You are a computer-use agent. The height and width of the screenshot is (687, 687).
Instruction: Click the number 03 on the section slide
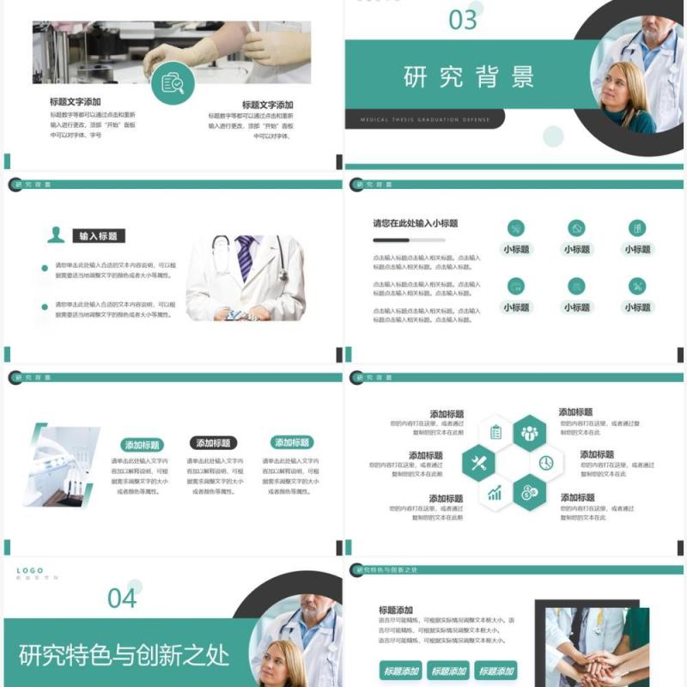click(463, 20)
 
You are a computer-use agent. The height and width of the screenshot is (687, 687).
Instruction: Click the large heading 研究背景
click(469, 76)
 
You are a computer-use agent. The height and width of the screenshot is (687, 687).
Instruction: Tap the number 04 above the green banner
click(122, 598)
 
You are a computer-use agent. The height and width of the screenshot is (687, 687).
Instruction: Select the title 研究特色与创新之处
click(125, 655)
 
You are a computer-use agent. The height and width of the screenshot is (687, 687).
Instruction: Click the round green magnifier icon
click(173, 82)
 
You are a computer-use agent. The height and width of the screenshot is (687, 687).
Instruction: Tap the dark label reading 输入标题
click(98, 236)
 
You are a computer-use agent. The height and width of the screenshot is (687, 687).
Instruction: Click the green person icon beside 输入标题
click(57, 235)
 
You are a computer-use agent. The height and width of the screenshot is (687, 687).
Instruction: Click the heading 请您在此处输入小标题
click(415, 223)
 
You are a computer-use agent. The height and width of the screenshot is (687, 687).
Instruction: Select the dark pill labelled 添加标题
click(212, 443)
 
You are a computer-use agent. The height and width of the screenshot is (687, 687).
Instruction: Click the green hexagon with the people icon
click(529, 434)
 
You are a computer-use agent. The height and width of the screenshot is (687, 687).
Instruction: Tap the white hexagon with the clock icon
click(546, 464)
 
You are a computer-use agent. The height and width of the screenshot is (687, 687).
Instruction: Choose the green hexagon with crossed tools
click(478, 464)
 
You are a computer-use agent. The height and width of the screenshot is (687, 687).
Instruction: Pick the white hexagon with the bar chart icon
click(495, 493)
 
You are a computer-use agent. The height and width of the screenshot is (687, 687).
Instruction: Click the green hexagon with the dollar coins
click(529, 493)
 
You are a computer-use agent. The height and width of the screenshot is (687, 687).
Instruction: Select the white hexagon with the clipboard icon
click(495, 434)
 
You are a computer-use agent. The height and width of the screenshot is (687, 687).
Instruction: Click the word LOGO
click(29, 570)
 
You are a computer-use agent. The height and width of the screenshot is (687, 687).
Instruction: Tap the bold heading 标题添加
click(396, 610)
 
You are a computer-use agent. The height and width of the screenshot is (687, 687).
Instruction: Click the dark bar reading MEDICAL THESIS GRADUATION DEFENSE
click(424, 120)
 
